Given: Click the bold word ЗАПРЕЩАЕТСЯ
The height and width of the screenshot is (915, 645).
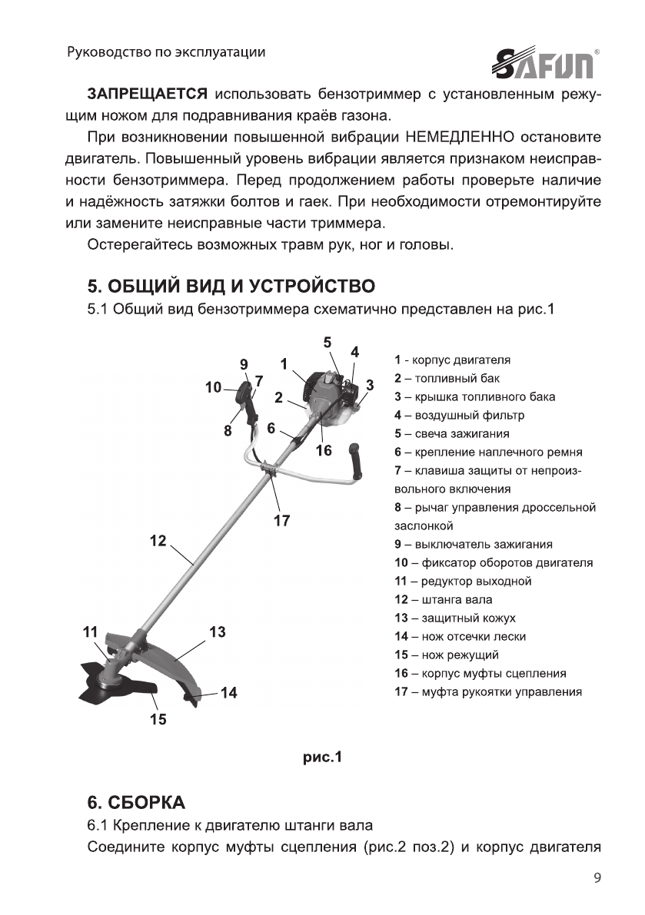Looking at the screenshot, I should pyautogui.click(x=146, y=94).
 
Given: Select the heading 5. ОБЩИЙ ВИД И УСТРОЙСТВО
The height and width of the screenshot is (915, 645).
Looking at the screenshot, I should pyautogui.click(x=231, y=287).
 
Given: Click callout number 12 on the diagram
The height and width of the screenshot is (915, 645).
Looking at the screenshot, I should pyautogui.click(x=158, y=541).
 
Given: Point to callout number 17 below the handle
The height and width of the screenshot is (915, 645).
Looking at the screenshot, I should pyautogui.click(x=281, y=520).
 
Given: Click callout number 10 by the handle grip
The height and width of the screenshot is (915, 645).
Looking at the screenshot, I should pyautogui.click(x=213, y=388).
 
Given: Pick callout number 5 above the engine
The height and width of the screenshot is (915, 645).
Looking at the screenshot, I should pyautogui.click(x=326, y=343).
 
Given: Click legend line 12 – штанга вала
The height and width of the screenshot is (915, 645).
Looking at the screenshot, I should pyautogui.click(x=444, y=599).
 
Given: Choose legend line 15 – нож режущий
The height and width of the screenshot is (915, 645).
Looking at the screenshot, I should pyautogui.click(x=447, y=655).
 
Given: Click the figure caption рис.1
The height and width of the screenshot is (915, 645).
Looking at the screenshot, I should pyautogui.click(x=321, y=758).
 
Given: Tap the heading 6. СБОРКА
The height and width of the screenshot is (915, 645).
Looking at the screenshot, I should pyautogui.click(x=136, y=804).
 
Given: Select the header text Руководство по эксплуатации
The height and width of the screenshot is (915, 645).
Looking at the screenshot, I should pyautogui.click(x=167, y=52).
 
